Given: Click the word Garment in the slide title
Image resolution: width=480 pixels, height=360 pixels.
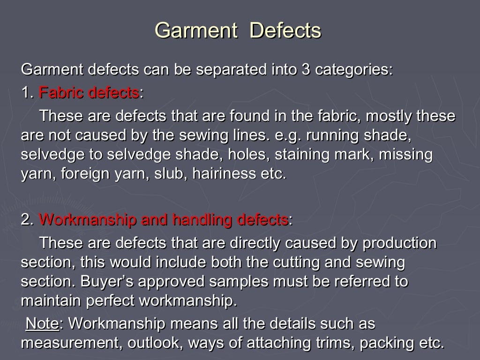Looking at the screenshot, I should click(196, 30).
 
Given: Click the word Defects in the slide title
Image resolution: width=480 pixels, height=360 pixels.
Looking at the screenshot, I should click(285, 30).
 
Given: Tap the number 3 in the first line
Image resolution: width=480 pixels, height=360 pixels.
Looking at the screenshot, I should click(305, 70).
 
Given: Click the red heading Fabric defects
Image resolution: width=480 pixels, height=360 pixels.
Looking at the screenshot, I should click(89, 92).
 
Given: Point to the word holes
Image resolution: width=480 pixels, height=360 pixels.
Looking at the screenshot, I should click(251, 155).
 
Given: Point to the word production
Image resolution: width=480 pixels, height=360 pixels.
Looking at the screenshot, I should click(399, 243).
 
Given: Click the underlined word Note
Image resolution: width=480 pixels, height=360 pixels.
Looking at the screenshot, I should click(42, 323).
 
